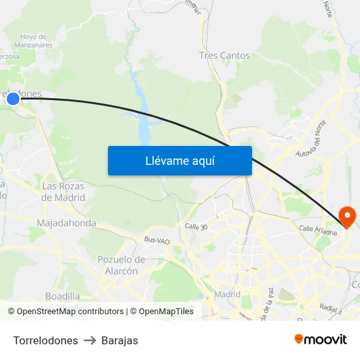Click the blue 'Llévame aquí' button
click(x=179, y=160)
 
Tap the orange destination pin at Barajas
click(x=346, y=216)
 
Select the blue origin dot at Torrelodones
click(x=13, y=99)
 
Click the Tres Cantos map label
click(x=225, y=56)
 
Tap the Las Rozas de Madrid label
click(x=63, y=191)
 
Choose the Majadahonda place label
click(x=66, y=223)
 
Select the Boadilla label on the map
click(x=63, y=297)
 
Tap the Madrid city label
click(x=228, y=294)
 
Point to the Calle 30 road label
click(x=196, y=226)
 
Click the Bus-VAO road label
click(x=156, y=241)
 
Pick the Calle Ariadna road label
click(x=317, y=230)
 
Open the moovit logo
click(x=321, y=340)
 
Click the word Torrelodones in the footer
click(x=45, y=340)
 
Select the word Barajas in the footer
click(x=120, y=340)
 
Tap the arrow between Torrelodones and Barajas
click(x=90, y=340)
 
